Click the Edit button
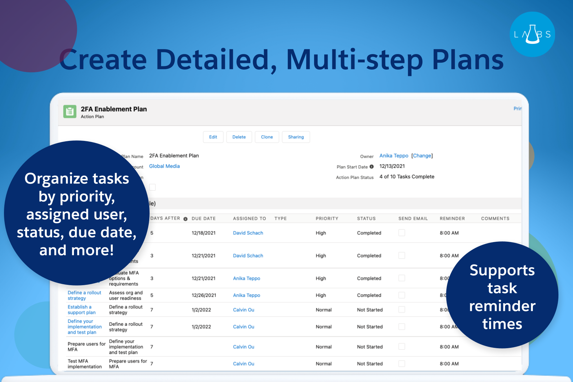pos(213,137)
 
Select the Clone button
pos(267,137)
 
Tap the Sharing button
pos(296,137)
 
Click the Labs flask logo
pos(532,34)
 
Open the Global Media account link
pos(164,166)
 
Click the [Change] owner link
pos(422,156)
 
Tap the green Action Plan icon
pos(70,112)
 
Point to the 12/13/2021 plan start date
pos(392,166)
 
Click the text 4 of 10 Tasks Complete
pos(407,177)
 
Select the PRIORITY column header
pos(327,219)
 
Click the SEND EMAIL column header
pos(413,219)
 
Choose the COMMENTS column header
pos(495,219)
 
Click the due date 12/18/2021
pos(203,233)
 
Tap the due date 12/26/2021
pos(204,295)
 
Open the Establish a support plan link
pos(82,310)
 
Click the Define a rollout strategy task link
pos(84,295)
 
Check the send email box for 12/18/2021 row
pos(402,233)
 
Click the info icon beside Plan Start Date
pos(372,167)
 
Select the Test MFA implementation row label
pos(85,364)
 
